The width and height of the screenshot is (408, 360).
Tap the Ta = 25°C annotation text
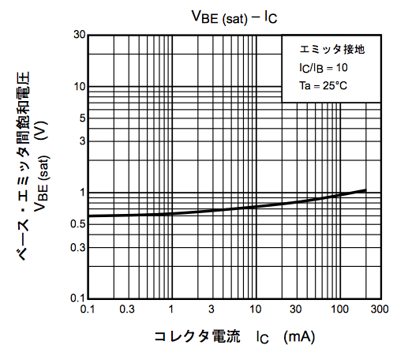point(322,84)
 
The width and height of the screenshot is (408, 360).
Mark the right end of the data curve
point(365,190)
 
